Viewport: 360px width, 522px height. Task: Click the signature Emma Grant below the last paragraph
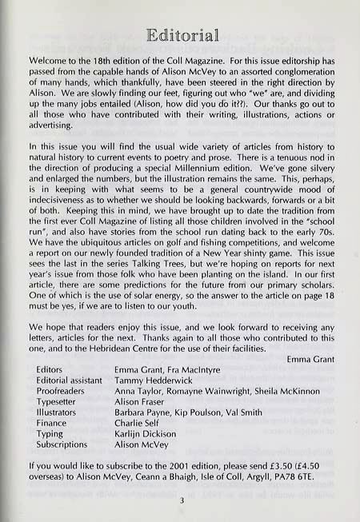pyautogui.click(x=310, y=359)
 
